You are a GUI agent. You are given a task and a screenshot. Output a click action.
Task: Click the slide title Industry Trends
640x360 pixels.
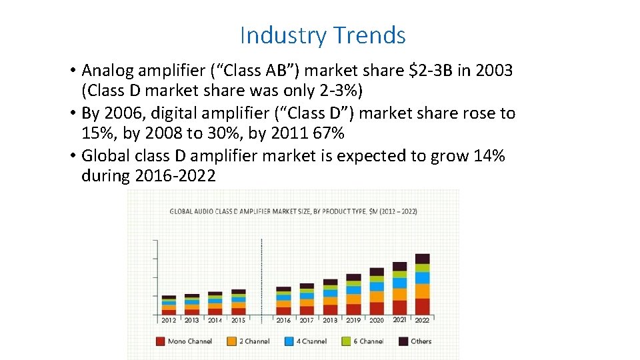click(323, 35)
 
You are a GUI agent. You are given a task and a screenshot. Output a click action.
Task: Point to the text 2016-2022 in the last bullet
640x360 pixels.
click(175, 176)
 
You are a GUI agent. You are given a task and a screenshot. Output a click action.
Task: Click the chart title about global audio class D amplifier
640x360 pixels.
click(293, 211)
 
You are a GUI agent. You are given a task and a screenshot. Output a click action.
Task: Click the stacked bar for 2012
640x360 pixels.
click(169, 305)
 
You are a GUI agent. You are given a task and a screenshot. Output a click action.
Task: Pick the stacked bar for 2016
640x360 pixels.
click(283, 301)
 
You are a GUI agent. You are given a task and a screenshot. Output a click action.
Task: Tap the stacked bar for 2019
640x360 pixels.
click(353, 294)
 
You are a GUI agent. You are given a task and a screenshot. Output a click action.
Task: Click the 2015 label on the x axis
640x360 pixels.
click(238, 321)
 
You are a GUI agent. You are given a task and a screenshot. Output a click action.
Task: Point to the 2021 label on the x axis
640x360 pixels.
click(399, 320)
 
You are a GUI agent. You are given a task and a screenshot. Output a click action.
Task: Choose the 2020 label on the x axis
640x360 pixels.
click(377, 321)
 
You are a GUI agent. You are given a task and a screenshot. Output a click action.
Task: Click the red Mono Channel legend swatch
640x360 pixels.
click(160, 341)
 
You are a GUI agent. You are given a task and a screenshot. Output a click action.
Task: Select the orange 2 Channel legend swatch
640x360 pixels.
click(232, 341)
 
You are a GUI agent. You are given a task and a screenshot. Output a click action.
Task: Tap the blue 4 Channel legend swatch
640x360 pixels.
click(289, 341)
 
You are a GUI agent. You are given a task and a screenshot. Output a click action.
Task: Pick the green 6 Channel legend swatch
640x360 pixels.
click(346, 341)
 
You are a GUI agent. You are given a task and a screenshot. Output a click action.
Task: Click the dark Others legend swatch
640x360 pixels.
click(403, 341)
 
